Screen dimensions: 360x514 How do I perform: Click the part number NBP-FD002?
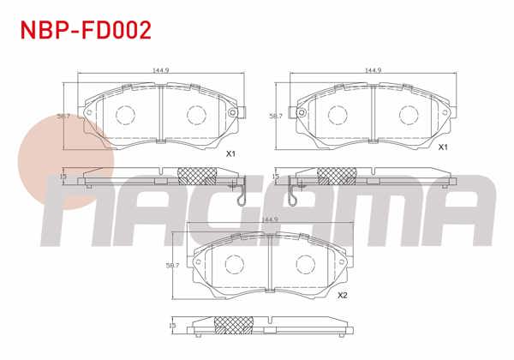[86, 31]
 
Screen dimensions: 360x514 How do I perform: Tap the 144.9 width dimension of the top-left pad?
[158, 71]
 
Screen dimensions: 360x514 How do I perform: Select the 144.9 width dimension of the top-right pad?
[372, 71]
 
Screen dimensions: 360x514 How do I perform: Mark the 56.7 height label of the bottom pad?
[171, 266]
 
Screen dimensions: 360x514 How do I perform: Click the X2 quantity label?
[342, 296]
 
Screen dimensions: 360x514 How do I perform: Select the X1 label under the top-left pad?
[230, 154]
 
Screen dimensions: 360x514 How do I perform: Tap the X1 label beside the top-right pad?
[444, 147]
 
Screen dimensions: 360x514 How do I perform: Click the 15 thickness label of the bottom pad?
[172, 326]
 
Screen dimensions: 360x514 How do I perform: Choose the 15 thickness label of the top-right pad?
[276, 176]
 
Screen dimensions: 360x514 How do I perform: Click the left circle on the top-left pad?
[126, 114]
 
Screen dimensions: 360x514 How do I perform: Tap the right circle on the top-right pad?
[406, 114]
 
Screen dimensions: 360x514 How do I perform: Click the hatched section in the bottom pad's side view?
[230, 325]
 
